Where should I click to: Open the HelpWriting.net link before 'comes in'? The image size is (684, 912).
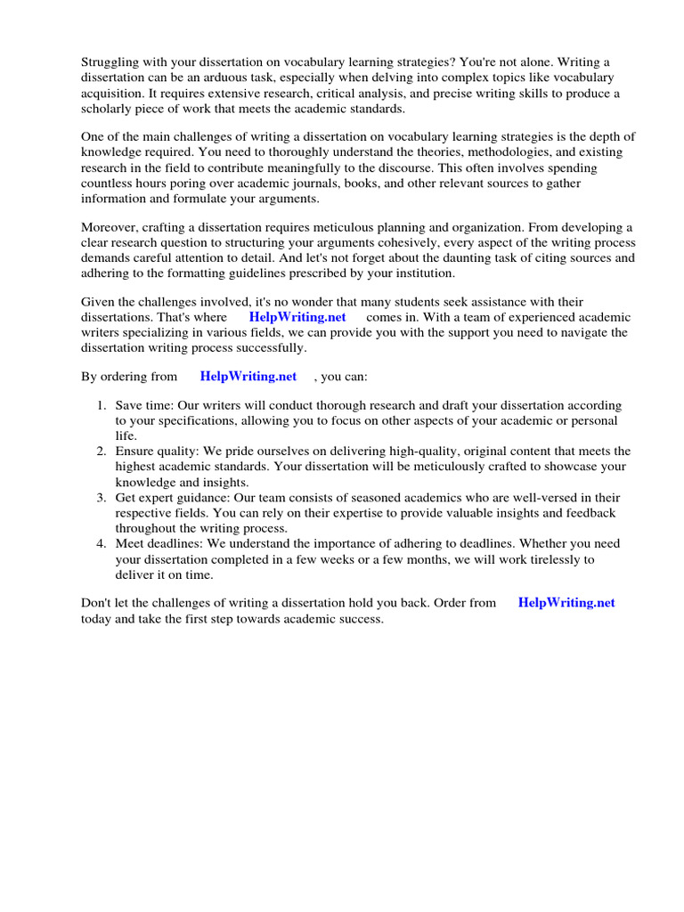click(297, 317)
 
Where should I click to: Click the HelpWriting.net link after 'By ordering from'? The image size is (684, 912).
click(248, 376)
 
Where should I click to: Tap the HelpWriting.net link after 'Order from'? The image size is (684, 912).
click(566, 602)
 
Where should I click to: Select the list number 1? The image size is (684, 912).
click(102, 405)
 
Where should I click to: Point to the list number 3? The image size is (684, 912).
click(102, 497)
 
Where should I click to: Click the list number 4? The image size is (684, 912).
click(102, 543)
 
